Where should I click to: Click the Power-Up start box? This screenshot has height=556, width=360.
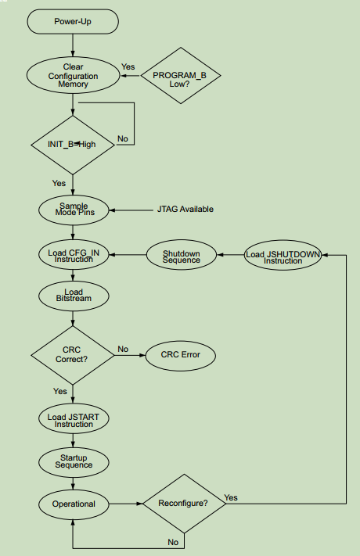[x=73, y=21]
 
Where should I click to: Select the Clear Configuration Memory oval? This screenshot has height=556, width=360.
[x=73, y=76]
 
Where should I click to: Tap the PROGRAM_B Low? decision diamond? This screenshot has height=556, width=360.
[x=181, y=76]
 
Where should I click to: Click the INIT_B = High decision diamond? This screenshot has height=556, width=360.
[x=73, y=144]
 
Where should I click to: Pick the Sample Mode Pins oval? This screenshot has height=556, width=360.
[x=73, y=210]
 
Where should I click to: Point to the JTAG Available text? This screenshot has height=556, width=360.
[x=185, y=210]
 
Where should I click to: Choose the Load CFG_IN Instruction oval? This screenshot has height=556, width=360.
[x=73, y=254]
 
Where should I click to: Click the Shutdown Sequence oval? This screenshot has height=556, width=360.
[x=181, y=255]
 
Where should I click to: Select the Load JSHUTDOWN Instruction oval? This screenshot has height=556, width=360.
[x=283, y=255]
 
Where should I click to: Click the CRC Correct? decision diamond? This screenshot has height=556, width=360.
[x=73, y=355]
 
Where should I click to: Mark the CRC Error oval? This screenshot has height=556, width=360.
[x=180, y=355]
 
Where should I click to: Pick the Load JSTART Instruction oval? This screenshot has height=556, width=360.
[x=73, y=420]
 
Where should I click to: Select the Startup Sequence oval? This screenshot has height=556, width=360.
[x=73, y=461]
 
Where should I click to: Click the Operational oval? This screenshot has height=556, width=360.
[x=73, y=504]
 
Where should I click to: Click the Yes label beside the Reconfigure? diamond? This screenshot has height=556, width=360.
[x=231, y=497]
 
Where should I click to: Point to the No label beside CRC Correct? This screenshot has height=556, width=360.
[x=123, y=349]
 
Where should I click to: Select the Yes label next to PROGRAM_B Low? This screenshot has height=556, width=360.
[x=128, y=67]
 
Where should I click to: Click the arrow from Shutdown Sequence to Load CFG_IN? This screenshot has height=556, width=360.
[x=128, y=255]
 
